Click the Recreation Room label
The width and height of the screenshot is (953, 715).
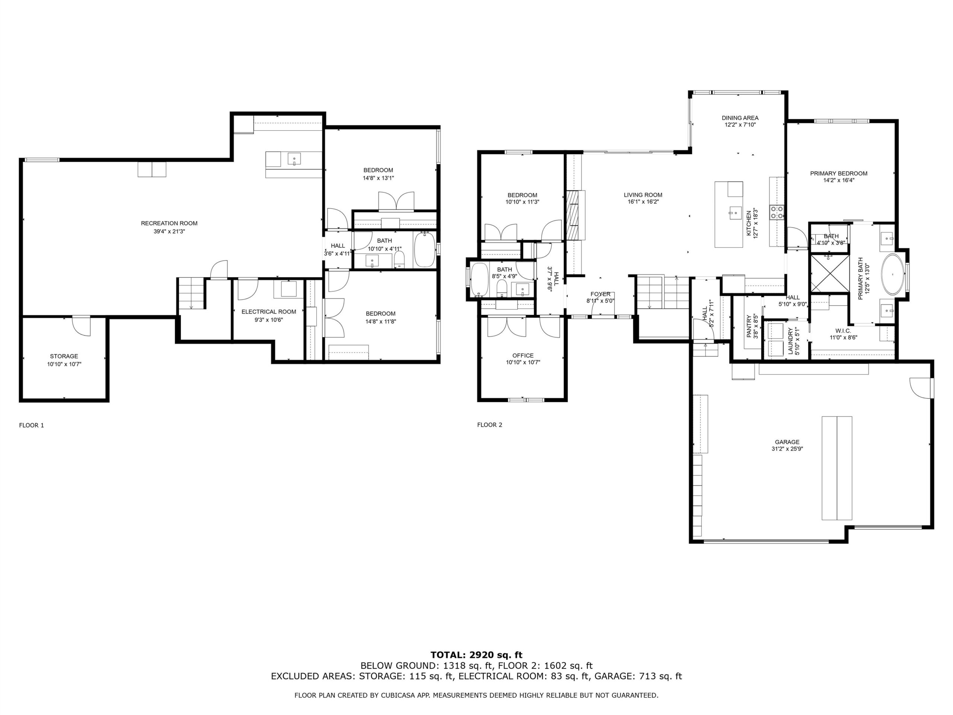(x=169, y=223)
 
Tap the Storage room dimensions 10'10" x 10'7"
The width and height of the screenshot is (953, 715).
(x=64, y=364)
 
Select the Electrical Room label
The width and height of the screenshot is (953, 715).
(x=269, y=312)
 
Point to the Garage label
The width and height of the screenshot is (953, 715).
(x=787, y=442)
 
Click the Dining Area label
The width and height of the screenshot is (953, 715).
(x=740, y=118)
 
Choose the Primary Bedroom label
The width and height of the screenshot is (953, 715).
(x=839, y=173)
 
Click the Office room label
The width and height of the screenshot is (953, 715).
(x=523, y=356)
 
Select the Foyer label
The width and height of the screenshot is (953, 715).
(x=600, y=294)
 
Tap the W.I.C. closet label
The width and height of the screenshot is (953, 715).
(x=843, y=331)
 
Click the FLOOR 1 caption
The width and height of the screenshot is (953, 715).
(x=31, y=425)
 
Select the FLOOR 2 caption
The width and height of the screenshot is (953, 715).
(x=490, y=425)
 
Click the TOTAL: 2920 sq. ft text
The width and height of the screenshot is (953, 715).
(x=476, y=655)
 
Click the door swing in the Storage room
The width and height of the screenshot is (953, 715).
(x=81, y=326)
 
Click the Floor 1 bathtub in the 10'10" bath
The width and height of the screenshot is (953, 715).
(x=425, y=250)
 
